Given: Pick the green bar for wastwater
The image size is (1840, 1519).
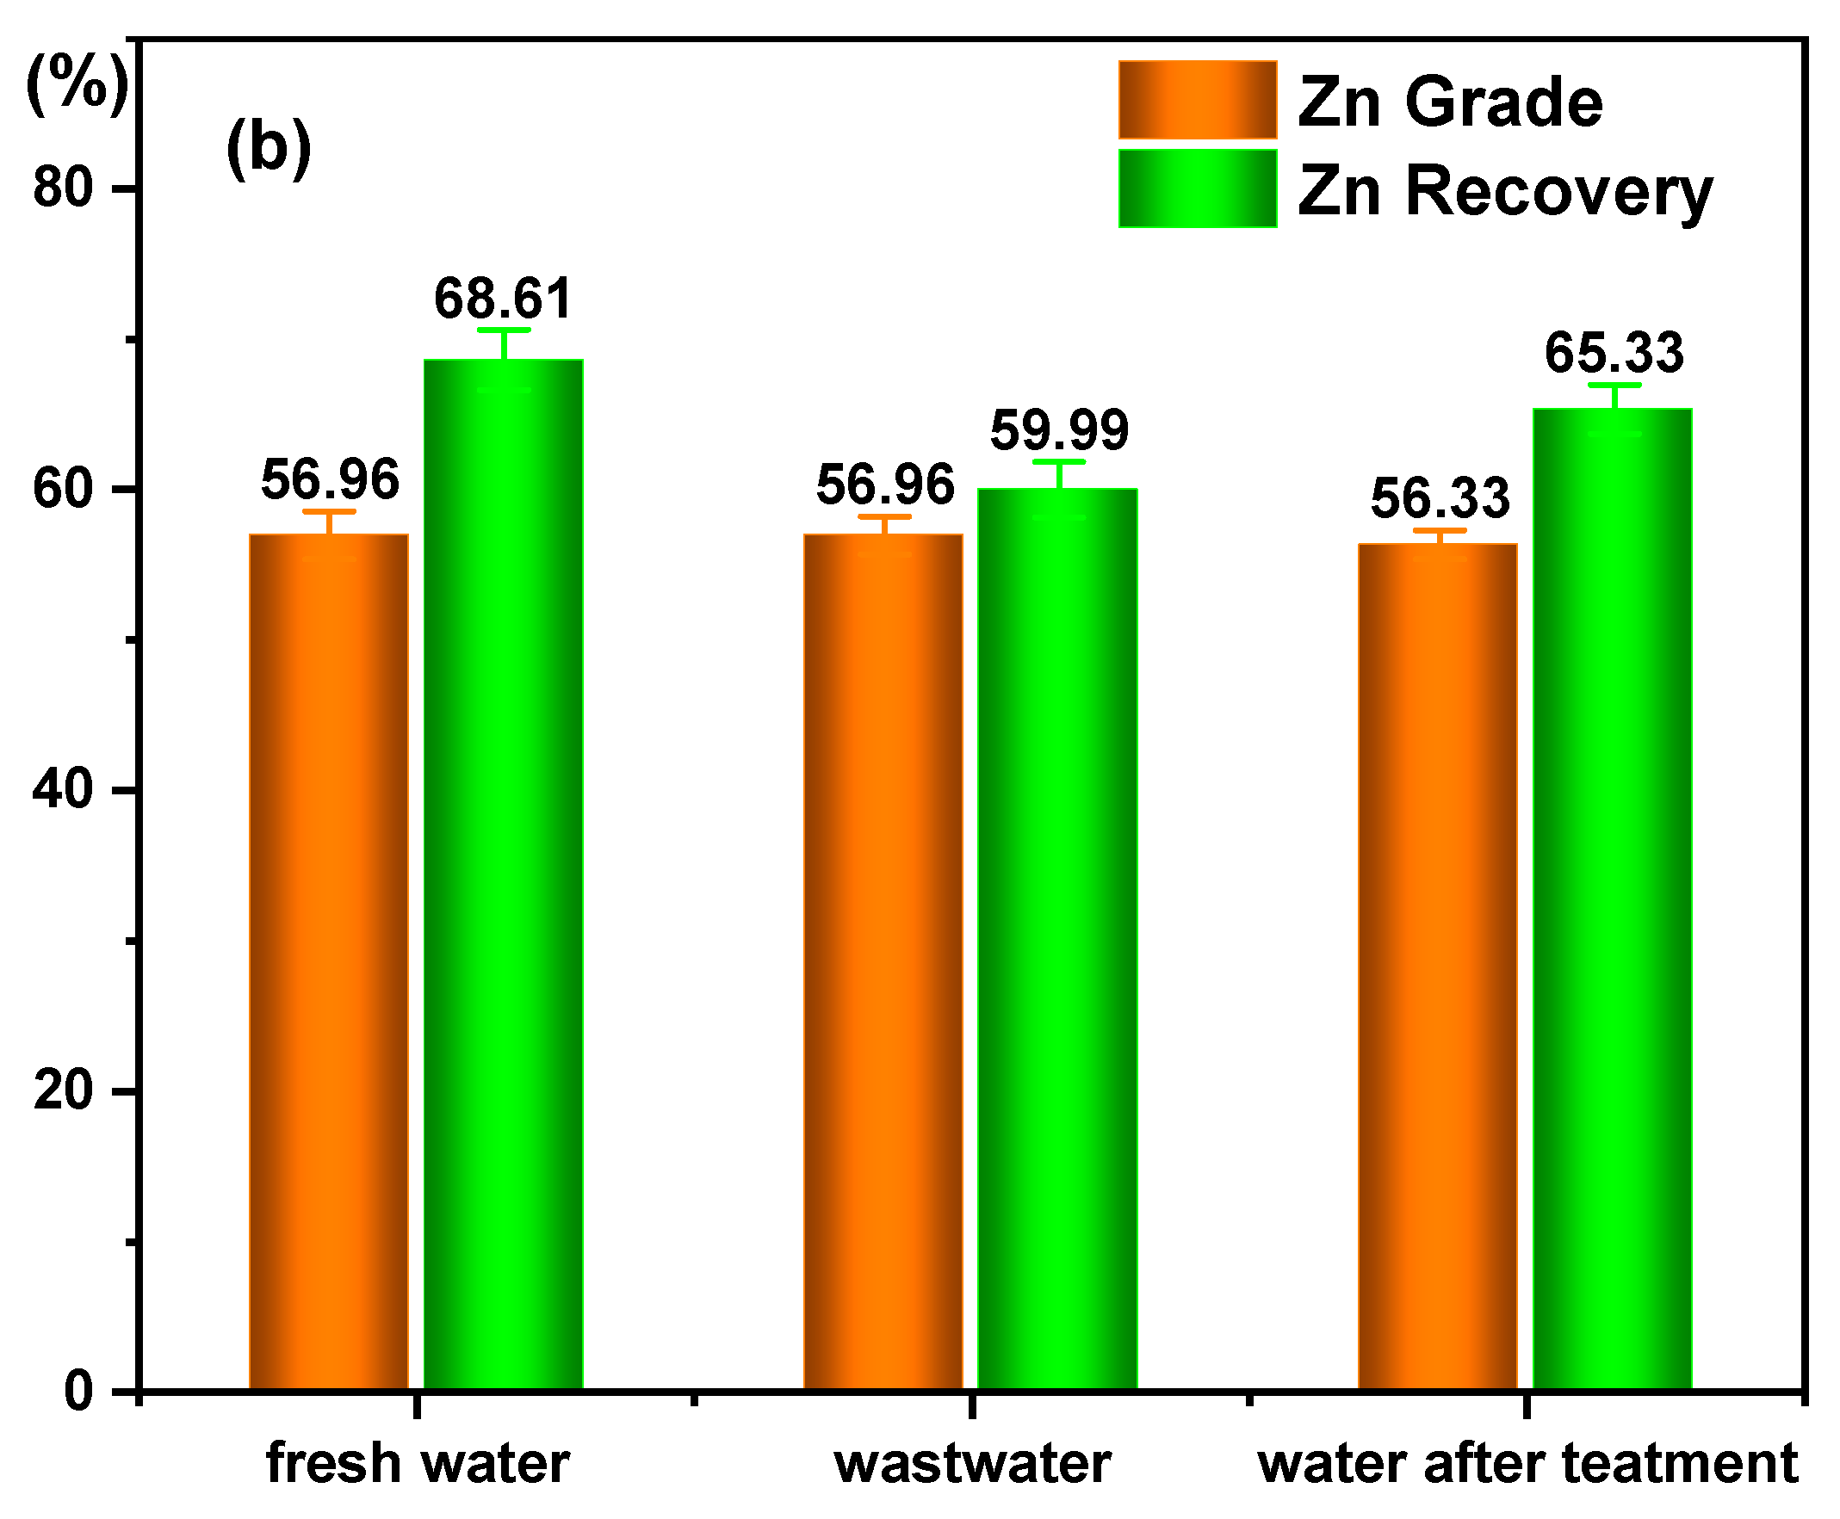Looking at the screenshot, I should click(1056, 936).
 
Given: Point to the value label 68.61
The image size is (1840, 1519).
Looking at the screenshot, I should click(504, 299).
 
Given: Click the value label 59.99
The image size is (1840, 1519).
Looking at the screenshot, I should click(1058, 429).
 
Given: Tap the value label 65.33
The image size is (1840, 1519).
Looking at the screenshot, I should click(1614, 353).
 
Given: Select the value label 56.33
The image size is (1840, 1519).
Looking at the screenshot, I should click(1439, 498).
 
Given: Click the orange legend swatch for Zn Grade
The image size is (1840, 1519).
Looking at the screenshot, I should click(1197, 100).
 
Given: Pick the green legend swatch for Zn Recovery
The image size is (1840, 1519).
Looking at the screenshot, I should click(1197, 188).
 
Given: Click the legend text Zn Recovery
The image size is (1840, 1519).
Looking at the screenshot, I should click(1504, 192).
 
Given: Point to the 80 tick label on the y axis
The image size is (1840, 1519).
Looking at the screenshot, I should click(63, 188).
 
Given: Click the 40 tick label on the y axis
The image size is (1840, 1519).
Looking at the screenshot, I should click(63, 789).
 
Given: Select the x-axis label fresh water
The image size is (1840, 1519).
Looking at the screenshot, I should click(418, 1464).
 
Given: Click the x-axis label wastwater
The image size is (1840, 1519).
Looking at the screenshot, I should click(971, 1464).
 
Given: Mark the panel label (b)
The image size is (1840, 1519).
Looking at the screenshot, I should click(268, 147).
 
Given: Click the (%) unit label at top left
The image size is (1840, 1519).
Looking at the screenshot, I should click(77, 85).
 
